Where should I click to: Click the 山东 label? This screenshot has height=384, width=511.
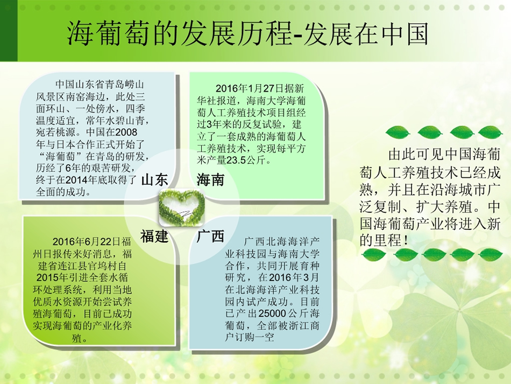point(155,180)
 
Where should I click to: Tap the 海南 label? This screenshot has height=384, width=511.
point(210,180)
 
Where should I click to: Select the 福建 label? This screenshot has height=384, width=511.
point(154,236)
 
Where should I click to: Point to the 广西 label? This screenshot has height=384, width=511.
point(210,236)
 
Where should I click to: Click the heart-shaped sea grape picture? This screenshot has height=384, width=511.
point(182,207)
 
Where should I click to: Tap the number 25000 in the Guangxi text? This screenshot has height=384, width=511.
point(272,313)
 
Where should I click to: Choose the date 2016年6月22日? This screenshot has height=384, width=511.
point(87,242)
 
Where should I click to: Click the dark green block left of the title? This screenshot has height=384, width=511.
point(9,31)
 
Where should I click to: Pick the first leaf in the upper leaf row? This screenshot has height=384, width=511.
point(398,132)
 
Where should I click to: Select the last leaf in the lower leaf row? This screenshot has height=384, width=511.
point(491,255)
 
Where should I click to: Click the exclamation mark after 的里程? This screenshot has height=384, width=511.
point(406,241)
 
